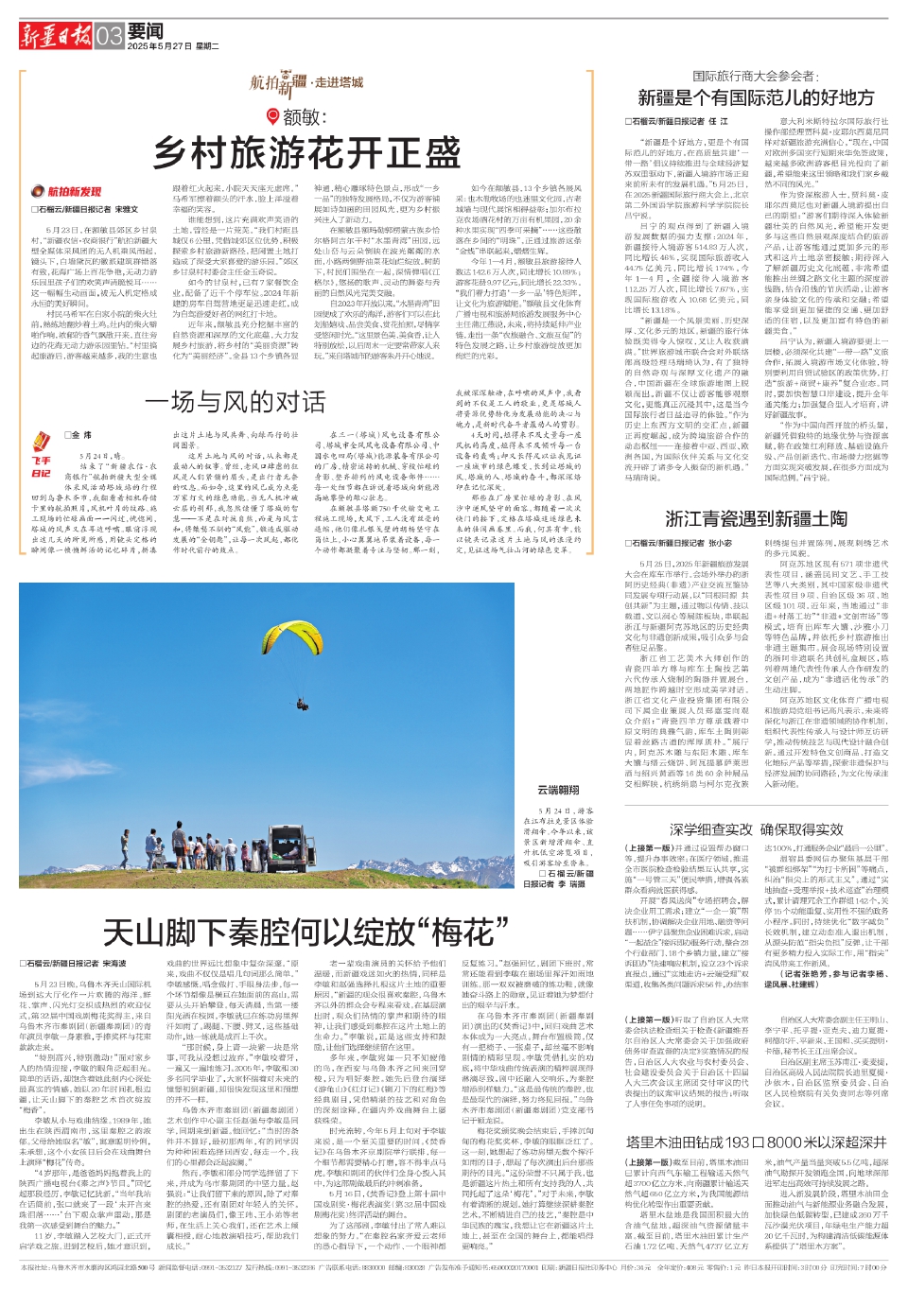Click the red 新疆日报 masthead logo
point(56,36)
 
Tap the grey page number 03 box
point(110,37)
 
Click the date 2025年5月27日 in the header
point(159,45)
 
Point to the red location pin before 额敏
point(273,116)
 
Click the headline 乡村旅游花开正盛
point(307,151)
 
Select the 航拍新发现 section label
point(74,191)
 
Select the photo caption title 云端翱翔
point(558,789)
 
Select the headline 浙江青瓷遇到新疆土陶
point(756,518)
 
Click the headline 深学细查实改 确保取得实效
point(756,828)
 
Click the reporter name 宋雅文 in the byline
point(126,209)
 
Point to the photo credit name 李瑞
point(576,883)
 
